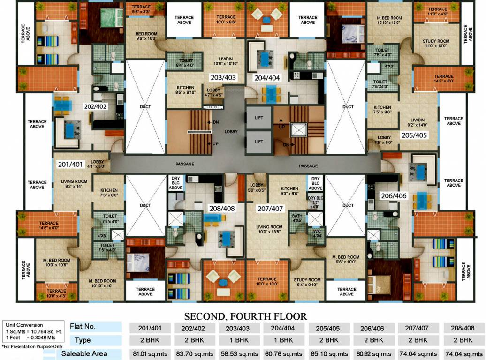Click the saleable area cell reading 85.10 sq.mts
pos(332,353)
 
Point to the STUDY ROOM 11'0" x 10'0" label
pos(436,44)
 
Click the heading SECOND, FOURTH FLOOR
pos(245,316)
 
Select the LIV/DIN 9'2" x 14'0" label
pos(413,122)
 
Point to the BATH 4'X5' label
pos(297,217)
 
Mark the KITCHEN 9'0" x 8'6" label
pos(289,190)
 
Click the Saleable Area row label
pos(84,353)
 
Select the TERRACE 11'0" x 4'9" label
pos(437,11)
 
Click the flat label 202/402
pos(96,106)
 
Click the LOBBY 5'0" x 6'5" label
pos(257,187)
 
